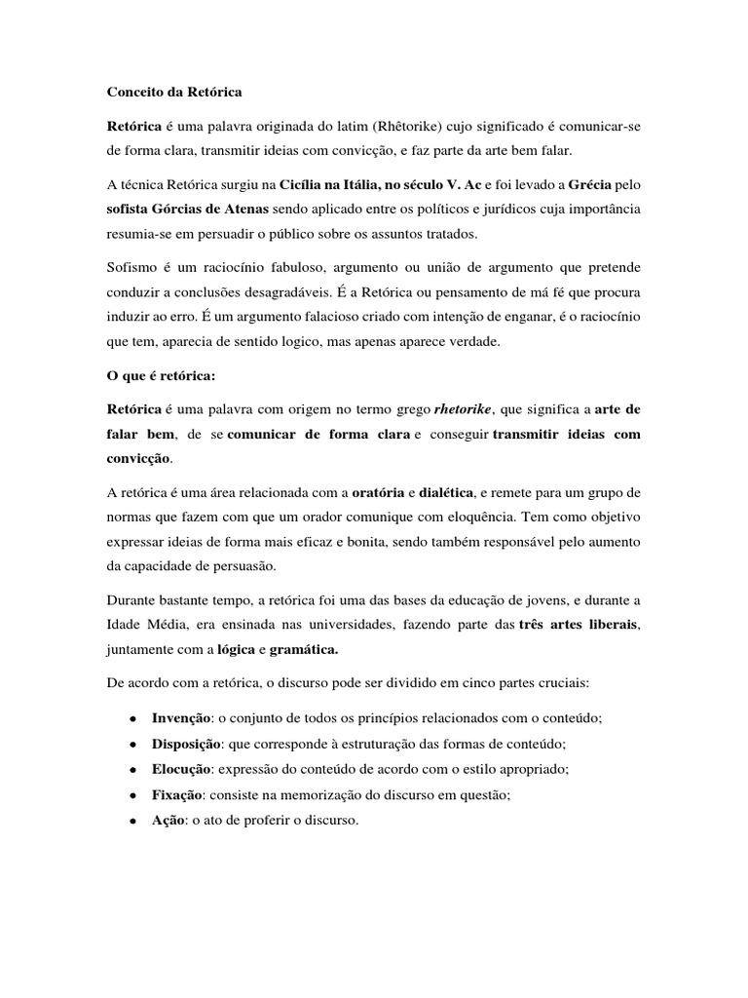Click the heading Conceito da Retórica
pyautogui.click(x=173, y=93)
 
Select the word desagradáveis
pyautogui.click(x=314, y=291)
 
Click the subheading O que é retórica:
pyautogui.click(x=160, y=375)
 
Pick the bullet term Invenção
pyautogui.click(x=182, y=717)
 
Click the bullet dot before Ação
pyautogui.click(x=131, y=821)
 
